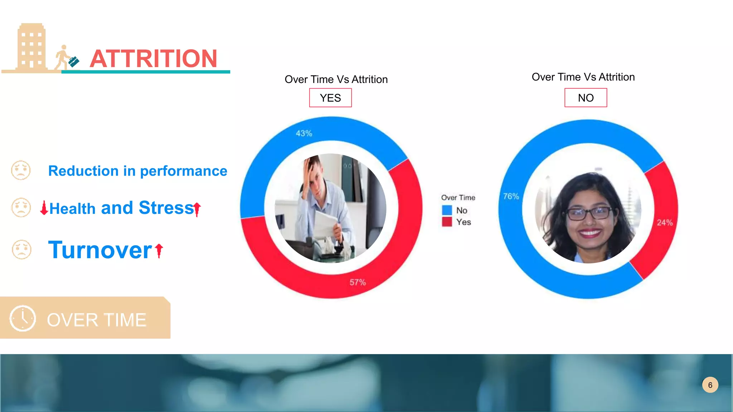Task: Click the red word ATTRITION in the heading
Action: click(x=153, y=59)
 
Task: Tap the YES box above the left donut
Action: click(x=330, y=98)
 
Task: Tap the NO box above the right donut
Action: click(x=586, y=98)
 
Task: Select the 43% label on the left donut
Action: click(x=304, y=133)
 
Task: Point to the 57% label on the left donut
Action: click(x=358, y=282)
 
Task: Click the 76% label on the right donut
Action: click(x=511, y=196)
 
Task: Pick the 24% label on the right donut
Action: click(x=665, y=222)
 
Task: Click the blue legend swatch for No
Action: click(x=447, y=210)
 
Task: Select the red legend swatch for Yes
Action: click(x=447, y=222)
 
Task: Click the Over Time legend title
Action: click(x=458, y=197)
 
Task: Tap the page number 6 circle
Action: click(x=710, y=385)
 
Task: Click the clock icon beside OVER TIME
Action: click(x=23, y=318)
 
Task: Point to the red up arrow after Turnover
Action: click(x=159, y=250)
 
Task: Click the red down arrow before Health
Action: click(x=44, y=208)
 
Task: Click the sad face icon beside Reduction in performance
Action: click(x=21, y=170)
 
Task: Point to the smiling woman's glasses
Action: click(x=589, y=214)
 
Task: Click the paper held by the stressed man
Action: click(x=327, y=224)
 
